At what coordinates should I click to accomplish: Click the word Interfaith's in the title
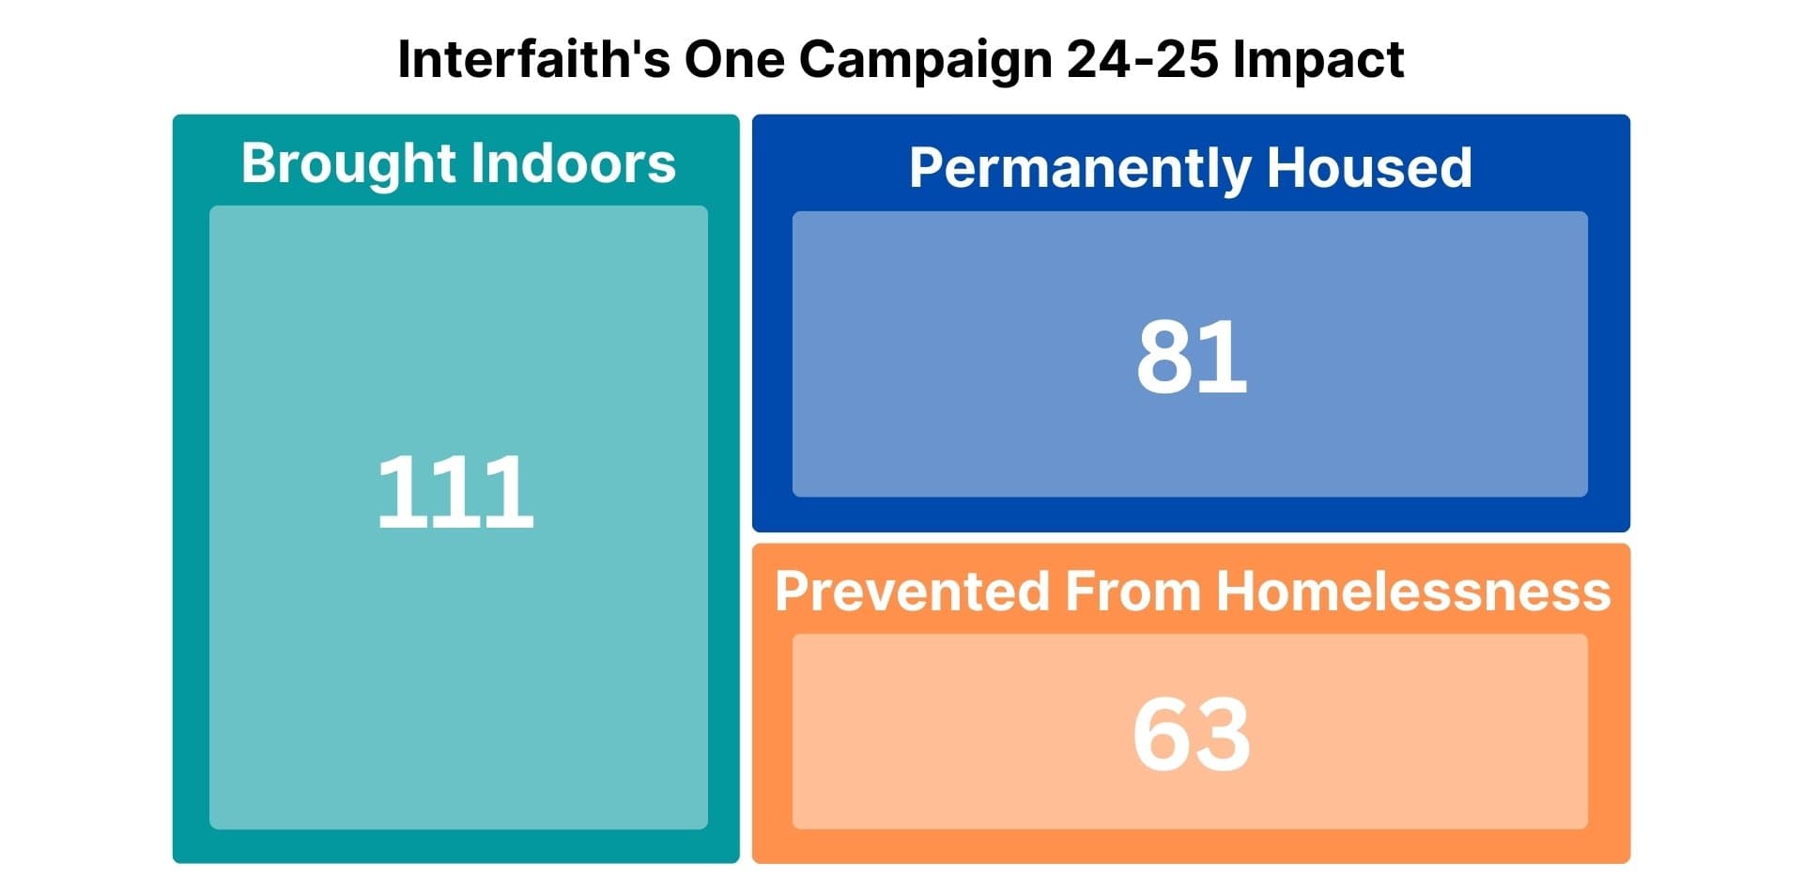pos(534,59)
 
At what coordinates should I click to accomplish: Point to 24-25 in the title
pos(1143,59)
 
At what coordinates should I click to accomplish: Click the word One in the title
pos(734,59)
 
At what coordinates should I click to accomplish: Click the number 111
pos(455,491)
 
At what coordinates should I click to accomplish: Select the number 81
pos(1192,357)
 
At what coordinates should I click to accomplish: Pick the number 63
pos(1192,734)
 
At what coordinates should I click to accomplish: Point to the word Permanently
pos(1080,170)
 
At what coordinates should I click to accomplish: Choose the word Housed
pos(1369,168)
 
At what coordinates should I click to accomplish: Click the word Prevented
pos(912,592)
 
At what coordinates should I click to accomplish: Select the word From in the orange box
pos(1133,592)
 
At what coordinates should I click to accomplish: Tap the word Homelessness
pos(1413,592)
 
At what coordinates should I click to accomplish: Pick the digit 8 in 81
pos(1165,357)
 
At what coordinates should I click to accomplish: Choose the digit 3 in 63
pos(1223,734)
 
